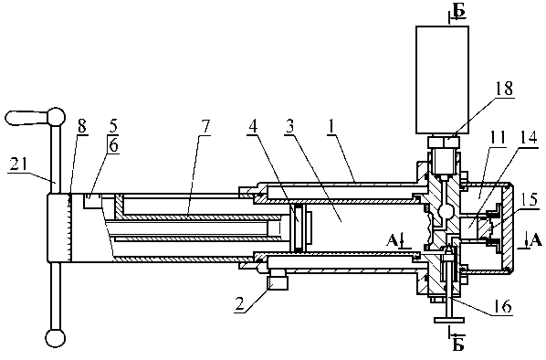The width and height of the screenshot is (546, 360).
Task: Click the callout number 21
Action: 18,164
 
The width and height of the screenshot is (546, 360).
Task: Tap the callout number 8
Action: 82,126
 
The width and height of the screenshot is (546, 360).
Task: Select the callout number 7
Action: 205,127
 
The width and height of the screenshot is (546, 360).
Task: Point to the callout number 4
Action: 253,127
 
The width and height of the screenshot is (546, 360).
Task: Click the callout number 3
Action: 289,127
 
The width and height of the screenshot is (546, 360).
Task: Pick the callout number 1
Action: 331,127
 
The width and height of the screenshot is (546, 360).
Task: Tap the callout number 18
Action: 505,89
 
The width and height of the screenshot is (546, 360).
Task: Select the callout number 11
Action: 498,137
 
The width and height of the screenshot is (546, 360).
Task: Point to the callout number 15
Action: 530,202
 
